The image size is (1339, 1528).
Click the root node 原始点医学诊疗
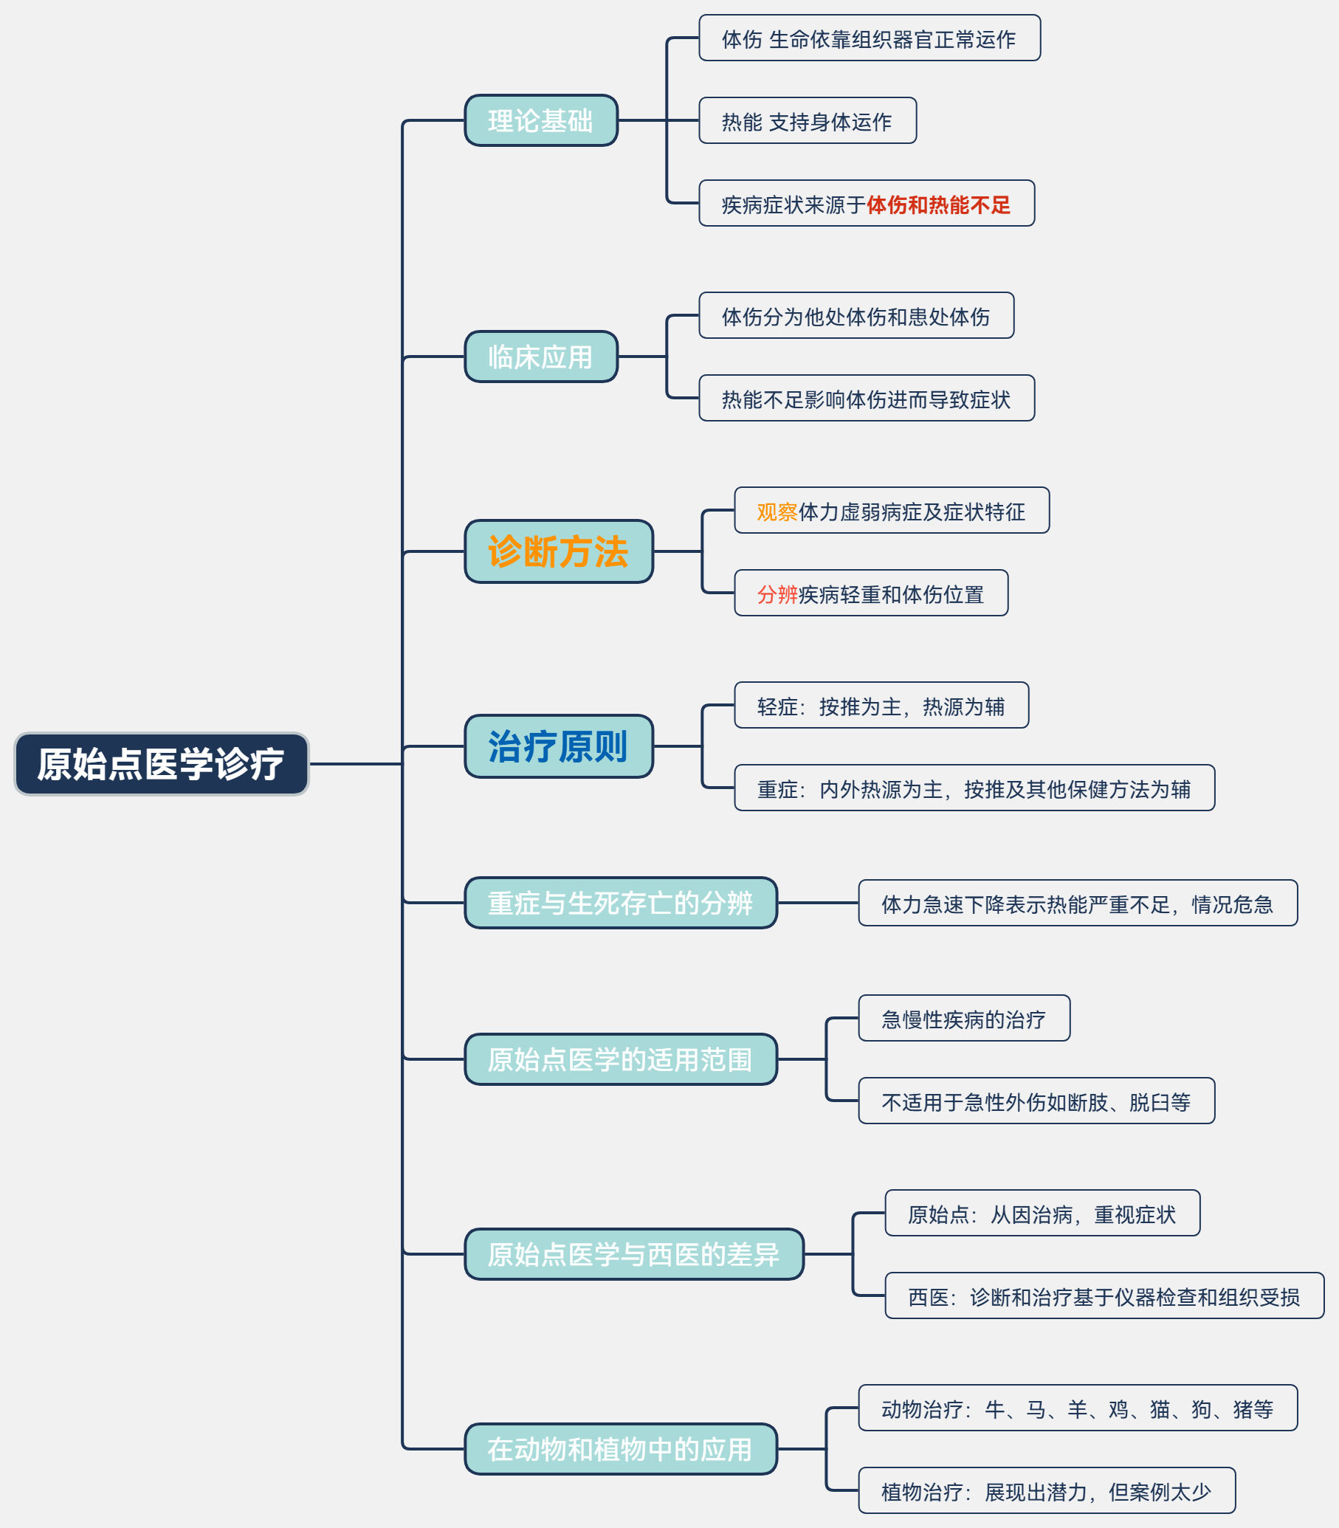point(162,763)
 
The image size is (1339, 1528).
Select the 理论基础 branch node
point(541,120)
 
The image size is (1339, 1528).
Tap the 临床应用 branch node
point(541,357)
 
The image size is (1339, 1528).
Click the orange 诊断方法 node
point(558,551)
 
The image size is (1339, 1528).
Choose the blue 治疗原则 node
point(558,746)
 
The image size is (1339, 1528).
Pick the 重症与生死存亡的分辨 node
point(620,903)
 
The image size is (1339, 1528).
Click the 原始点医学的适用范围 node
point(620,1059)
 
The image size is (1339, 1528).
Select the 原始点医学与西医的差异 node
point(633,1254)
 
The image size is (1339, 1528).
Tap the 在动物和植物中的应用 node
point(620,1449)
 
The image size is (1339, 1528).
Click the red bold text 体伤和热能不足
point(937,204)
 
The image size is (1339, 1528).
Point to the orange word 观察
point(777,512)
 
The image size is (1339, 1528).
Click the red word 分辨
point(777,595)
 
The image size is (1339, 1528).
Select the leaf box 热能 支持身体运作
point(807,121)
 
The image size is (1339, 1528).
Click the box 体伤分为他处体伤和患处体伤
point(856,316)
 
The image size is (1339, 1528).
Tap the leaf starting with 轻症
point(881,706)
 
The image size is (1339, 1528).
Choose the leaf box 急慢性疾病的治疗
point(963,1019)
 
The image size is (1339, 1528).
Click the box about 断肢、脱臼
point(1036,1101)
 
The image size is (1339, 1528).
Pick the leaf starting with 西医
point(1104,1296)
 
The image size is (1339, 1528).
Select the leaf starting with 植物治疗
point(1046,1491)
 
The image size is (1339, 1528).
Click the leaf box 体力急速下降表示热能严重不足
point(1077,904)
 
